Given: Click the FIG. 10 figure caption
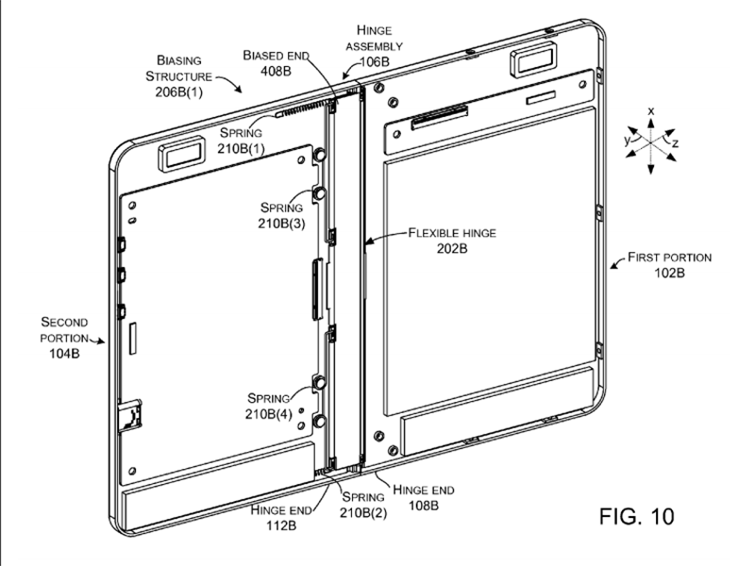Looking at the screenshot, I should click(x=637, y=517).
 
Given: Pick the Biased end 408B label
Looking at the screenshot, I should click(x=277, y=63).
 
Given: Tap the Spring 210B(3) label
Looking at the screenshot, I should click(x=280, y=214).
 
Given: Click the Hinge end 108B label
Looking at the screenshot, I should click(x=423, y=497).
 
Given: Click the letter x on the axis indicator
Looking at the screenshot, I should click(x=650, y=110).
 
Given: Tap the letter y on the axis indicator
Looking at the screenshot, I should click(x=625, y=139).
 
